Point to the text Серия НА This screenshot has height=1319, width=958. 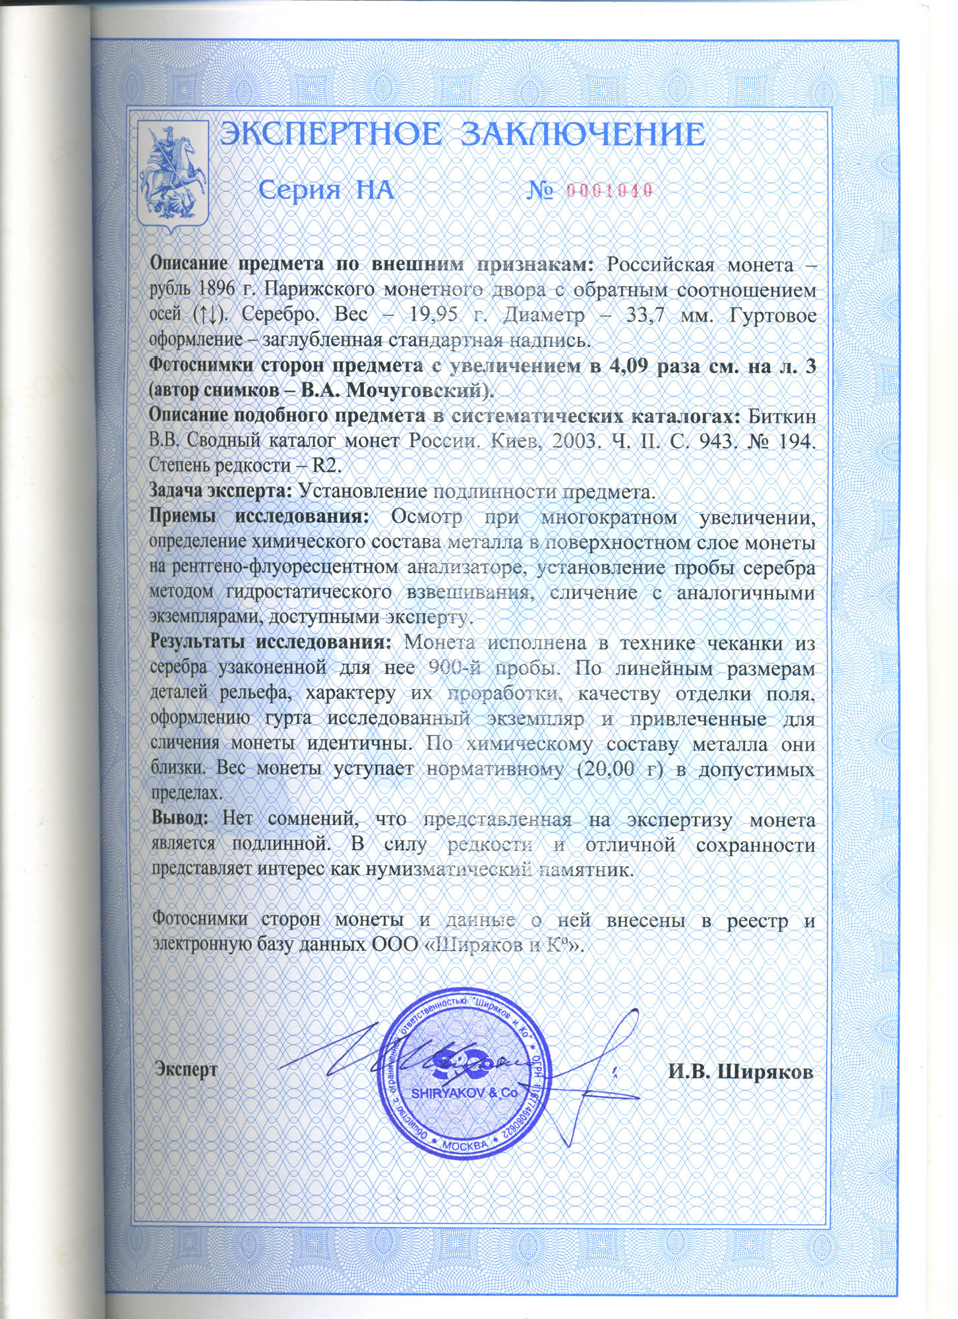coord(326,191)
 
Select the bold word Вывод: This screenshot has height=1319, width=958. coord(180,820)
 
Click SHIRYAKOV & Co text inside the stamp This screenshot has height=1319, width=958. coord(465,1092)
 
